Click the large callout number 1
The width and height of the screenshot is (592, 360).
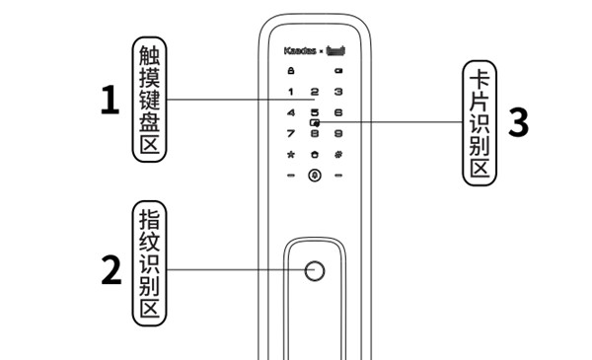pyautogui.click(x=110, y=101)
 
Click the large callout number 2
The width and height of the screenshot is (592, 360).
pyautogui.click(x=111, y=270)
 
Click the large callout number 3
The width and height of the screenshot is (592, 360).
pyautogui.click(x=517, y=122)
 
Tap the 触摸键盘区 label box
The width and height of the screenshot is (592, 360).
pyautogui.click(x=149, y=99)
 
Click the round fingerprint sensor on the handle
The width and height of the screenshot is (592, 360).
pyautogui.click(x=315, y=271)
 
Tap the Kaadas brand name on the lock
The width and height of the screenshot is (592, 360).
pyautogui.click(x=300, y=48)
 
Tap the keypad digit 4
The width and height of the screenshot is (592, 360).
pyautogui.click(x=291, y=112)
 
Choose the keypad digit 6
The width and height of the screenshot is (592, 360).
pyautogui.click(x=338, y=112)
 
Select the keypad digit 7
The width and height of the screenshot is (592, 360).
pyautogui.click(x=291, y=133)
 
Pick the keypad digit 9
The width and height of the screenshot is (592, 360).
pyautogui.click(x=338, y=133)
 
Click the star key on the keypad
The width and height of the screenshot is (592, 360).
pyautogui.click(x=291, y=155)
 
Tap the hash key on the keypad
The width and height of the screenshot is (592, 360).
pyautogui.click(x=338, y=155)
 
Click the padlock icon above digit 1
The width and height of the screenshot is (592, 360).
pyautogui.click(x=291, y=70)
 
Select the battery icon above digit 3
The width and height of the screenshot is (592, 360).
pyautogui.click(x=338, y=70)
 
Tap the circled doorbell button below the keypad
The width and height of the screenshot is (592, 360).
pyautogui.click(x=315, y=177)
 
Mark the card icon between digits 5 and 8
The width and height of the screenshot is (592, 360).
pyautogui.click(x=315, y=122)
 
